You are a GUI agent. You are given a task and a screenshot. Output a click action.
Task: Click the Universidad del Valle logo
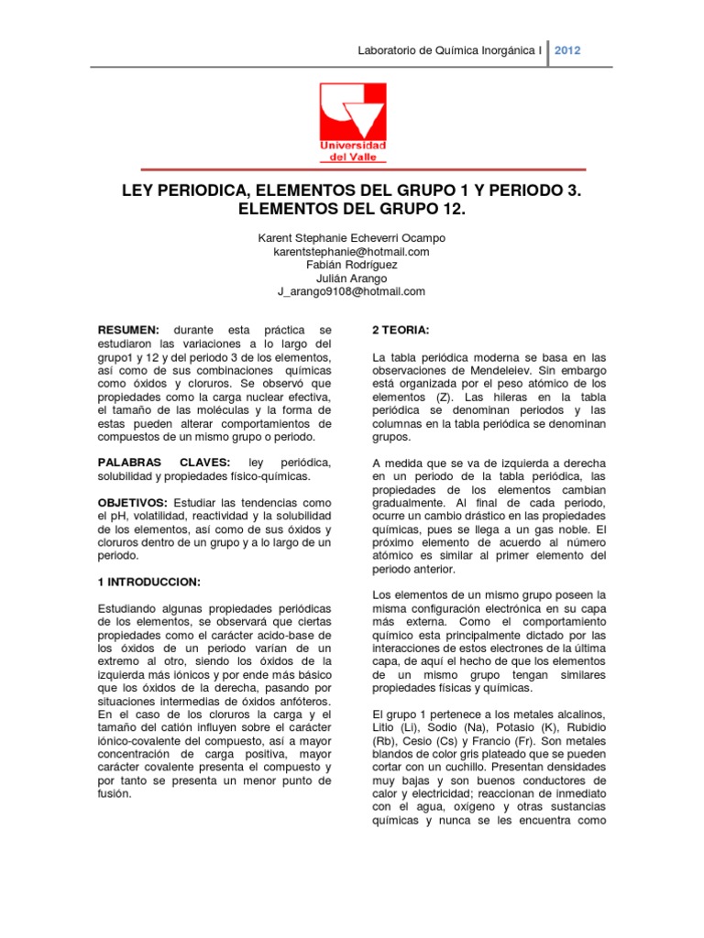[x=352, y=120]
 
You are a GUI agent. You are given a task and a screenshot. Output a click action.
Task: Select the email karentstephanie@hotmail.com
[x=352, y=251]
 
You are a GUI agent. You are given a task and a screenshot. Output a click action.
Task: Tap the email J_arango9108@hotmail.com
[x=352, y=291]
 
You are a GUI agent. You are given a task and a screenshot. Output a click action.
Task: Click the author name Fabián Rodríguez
[x=352, y=265]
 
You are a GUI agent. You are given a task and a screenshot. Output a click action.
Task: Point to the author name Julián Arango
[x=352, y=278]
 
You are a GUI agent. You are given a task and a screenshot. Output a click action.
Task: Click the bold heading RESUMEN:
[x=128, y=329]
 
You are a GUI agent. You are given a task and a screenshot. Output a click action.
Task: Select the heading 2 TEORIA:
[x=400, y=329]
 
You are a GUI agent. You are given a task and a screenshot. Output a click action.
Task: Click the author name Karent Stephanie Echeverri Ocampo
[x=352, y=238]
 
